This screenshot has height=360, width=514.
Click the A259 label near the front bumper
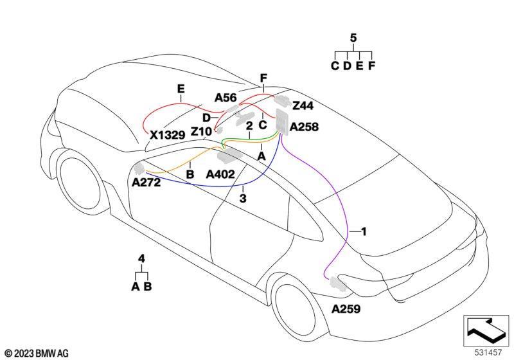(346, 309)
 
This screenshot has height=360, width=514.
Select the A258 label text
(304, 127)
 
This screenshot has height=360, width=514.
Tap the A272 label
(146, 183)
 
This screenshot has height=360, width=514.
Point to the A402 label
(220, 174)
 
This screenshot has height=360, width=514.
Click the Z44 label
(303, 105)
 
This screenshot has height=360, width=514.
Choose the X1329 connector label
(168, 135)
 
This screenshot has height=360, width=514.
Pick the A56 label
(226, 98)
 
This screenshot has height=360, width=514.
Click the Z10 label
(201, 132)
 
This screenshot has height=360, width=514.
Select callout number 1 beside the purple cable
(363, 232)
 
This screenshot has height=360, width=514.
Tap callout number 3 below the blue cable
(243, 199)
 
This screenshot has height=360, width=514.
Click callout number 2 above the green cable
(249, 125)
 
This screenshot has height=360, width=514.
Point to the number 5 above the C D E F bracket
(353, 38)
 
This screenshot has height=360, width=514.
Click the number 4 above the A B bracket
(141, 258)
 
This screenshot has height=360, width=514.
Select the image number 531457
(488, 352)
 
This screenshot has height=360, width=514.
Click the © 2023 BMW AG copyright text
(37, 354)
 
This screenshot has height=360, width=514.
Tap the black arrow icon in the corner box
(486, 330)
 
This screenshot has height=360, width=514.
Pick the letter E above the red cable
(181, 89)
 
